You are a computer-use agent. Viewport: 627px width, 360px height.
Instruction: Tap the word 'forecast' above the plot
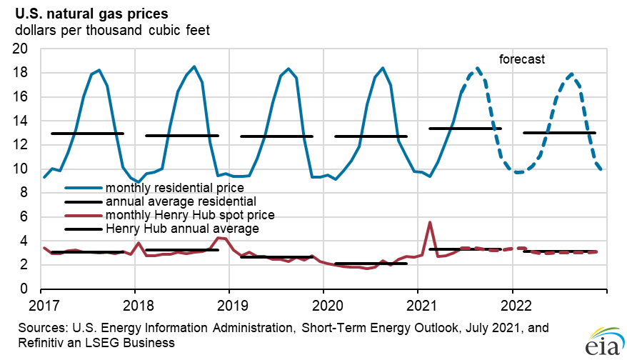pos(521,59)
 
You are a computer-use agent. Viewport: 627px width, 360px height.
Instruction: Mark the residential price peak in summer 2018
pos(194,66)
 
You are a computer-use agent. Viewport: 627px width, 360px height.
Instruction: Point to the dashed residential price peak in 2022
pos(571,74)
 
